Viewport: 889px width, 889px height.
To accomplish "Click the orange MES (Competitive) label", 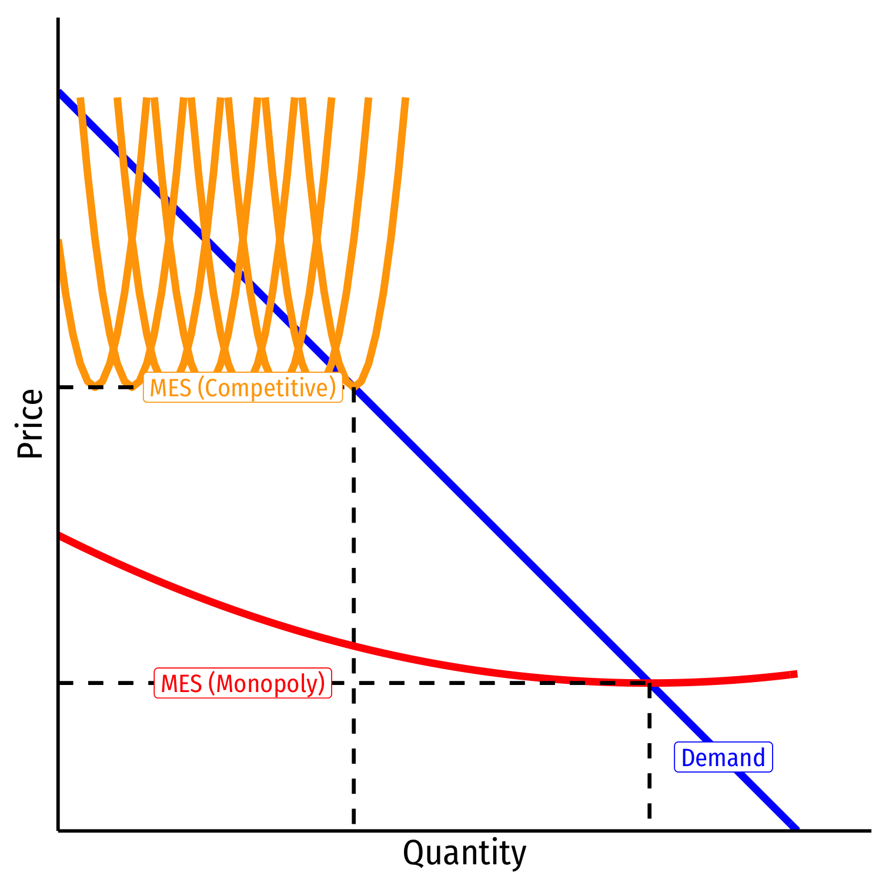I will click(x=242, y=387).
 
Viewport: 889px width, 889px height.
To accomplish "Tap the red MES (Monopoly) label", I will click(x=242, y=683).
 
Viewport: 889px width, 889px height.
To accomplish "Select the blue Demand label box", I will click(x=723, y=757).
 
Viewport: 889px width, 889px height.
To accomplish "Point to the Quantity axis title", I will click(x=464, y=853).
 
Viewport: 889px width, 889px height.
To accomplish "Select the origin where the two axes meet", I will click(x=58, y=830).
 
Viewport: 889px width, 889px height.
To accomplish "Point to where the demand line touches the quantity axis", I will click(x=797, y=828).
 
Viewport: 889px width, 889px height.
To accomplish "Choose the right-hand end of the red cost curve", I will click(x=796, y=674).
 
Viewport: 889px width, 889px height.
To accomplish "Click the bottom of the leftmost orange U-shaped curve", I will click(x=95, y=386).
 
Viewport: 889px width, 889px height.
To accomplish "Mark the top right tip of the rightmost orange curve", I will click(x=406, y=100).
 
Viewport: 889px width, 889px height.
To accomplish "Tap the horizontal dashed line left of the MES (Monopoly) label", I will click(x=106, y=683).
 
